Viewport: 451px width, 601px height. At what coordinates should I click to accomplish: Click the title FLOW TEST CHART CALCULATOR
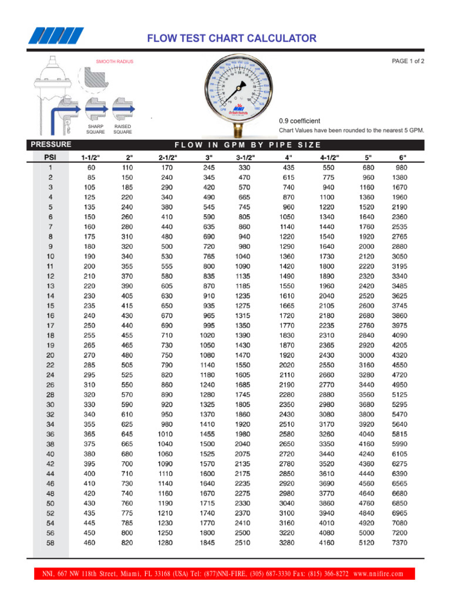click(231, 39)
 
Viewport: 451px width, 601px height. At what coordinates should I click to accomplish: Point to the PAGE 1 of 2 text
click(408, 61)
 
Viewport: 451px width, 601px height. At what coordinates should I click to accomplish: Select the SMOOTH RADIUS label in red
click(115, 62)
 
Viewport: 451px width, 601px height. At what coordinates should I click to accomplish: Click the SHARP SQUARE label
click(96, 129)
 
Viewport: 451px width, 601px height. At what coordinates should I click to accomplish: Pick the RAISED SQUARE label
click(123, 129)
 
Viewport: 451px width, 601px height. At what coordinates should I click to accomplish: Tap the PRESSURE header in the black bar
click(51, 144)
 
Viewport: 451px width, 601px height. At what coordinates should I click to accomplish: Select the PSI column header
click(51, 157)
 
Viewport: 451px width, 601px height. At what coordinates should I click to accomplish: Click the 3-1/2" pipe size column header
click(245, 157)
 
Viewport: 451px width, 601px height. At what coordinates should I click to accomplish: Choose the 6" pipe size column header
click(402, 157)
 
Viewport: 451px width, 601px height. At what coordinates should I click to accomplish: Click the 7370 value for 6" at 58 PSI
click(399, 543)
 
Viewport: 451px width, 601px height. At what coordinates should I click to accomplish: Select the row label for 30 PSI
click(51, 404)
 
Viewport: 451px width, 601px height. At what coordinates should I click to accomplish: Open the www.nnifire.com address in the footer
click(379, 573)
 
